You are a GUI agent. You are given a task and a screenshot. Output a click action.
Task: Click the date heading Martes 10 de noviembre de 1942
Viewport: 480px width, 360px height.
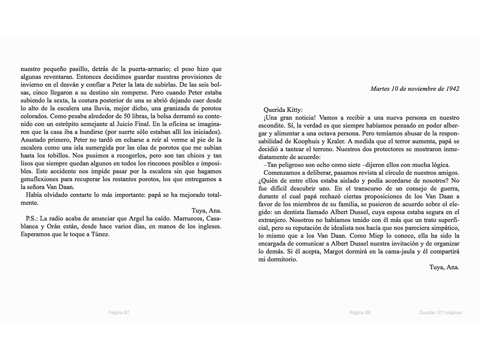pyautogui.click(x=414, y=89)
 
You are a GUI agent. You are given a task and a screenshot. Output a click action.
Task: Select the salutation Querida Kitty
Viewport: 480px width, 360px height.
pyautogui.click(x=283, y=110)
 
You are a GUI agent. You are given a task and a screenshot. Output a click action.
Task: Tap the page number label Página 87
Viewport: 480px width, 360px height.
pyautogui.click(x=119, y=313)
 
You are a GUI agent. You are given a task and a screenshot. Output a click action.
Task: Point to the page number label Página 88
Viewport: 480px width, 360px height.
pyautogui.click(x=360, y=313)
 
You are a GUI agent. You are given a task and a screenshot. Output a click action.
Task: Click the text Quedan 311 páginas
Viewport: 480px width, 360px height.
pyautogui.click(x=440, y=313)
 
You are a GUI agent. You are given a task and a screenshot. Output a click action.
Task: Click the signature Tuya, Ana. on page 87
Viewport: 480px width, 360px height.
pyautogui.click(x=207, y=210)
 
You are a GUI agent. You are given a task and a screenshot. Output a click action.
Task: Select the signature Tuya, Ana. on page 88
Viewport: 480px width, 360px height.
pyautogui.click(x=444, y=267)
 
